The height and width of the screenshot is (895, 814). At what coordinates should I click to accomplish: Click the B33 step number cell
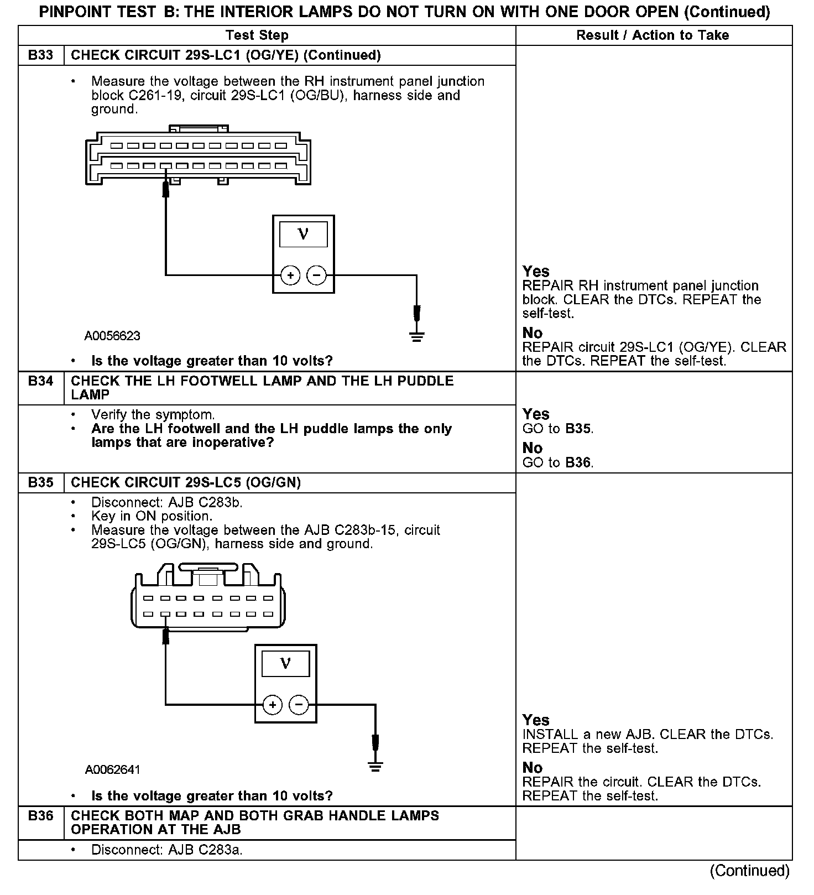click(41, 55)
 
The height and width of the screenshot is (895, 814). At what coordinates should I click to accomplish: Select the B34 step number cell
click(41, 381)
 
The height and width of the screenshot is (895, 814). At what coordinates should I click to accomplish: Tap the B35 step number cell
click(41, 483)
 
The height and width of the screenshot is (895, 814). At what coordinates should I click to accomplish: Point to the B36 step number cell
click(41, 816)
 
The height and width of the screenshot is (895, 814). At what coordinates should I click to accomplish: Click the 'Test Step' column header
click(257, 35)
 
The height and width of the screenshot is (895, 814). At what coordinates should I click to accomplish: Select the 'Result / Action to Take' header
click(653, 35)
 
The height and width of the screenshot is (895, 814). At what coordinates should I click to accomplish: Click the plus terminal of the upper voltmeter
click(290, 275)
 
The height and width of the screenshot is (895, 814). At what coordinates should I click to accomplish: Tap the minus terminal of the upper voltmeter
click(316, 275)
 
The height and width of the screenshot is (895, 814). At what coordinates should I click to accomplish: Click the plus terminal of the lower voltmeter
click(272, 705)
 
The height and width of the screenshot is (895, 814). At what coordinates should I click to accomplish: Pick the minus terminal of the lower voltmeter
click(299, 705)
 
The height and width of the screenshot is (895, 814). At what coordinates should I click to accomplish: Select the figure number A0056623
click(112, 336)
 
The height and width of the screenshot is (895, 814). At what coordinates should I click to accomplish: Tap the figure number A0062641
click(113, 770)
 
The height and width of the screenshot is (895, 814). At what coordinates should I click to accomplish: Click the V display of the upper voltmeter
click(303, 233)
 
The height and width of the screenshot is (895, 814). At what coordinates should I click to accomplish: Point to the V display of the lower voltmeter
click(285, 663)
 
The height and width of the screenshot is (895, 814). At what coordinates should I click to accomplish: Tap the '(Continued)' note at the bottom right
click(750, 871)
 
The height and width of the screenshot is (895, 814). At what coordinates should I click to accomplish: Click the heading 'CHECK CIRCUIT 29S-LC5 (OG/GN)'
click(186, 483)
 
